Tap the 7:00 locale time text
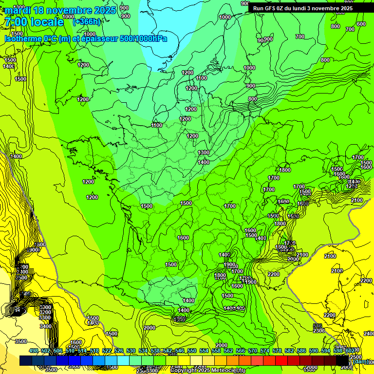click(x=34, y=22)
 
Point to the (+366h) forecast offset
click(x=86, y=21)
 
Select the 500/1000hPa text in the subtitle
click(x=141, y=38)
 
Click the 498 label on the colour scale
click(x=34, y=351)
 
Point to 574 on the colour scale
click(x=265, y=351)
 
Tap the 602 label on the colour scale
click(x=350, y=351)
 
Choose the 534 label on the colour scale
click(x=143, y=351)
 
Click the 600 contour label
click(x=361, y=24)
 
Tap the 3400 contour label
click(x=45, y=326)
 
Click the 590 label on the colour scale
click(x=314, y=351)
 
